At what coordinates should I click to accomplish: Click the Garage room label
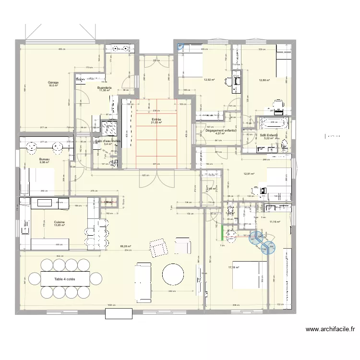tap(53, 83)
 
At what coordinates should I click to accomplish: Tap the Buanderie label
tap(105, 88)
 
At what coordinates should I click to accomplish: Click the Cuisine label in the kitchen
tap(60, 222)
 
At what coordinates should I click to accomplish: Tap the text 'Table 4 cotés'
tap(64, 278)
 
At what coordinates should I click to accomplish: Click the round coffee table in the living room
tap(173, 275)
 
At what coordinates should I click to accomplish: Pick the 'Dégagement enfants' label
tap(220, 130)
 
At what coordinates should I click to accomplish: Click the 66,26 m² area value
tap(126, 247)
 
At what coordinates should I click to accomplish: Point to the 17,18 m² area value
tap(234, 268)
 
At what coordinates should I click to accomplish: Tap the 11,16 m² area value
tap(275, 222)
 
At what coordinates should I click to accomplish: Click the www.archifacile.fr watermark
tap(330, 330)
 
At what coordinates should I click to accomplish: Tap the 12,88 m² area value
tap(264, 81)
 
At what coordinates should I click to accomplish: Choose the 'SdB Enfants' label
tap(269, 135)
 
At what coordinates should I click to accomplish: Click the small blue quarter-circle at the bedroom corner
tap(180, 47)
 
